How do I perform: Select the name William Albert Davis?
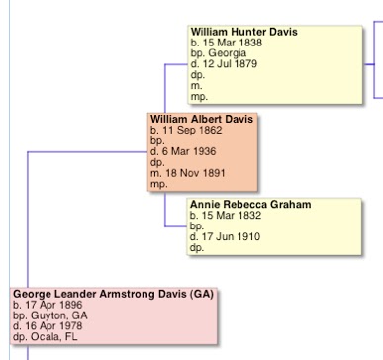click(x=201, y=120)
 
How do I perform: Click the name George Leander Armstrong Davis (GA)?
click(x=113, y=295)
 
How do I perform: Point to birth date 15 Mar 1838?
click(x=230, y=44)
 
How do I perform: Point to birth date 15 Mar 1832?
click(x=230, y=216)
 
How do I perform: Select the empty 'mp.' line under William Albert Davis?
click(x=158, y=184)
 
